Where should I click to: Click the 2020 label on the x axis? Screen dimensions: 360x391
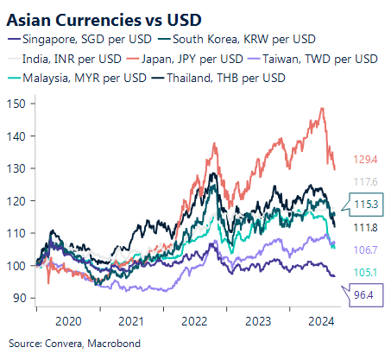tap(66, 319)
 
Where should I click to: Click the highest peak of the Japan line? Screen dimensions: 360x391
tap(322, 108)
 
